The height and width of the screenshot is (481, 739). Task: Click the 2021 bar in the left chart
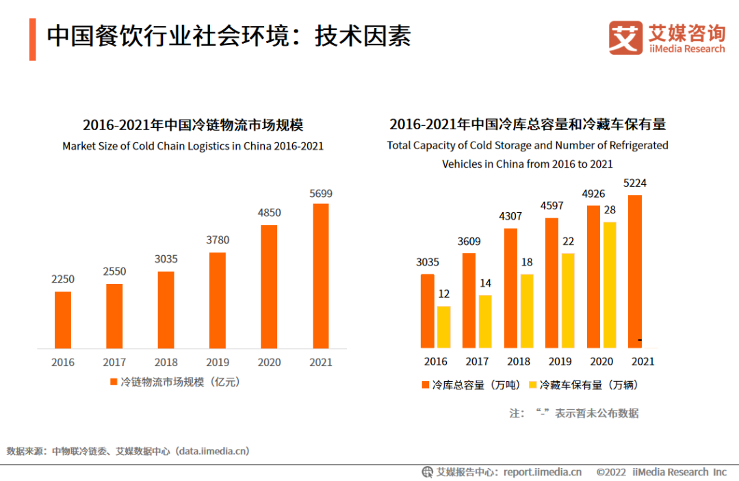(x=320, y=276)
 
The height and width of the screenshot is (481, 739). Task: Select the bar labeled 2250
(x=63, y=320)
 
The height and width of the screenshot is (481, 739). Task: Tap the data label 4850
(x=269, y=213)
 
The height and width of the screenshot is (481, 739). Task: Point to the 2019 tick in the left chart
(x=217, y=362)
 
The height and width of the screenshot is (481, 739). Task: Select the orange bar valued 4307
(x=510, y=288)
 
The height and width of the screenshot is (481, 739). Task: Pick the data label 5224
(x=634, y=183)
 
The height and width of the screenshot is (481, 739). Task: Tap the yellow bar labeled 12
(x=443, y=327)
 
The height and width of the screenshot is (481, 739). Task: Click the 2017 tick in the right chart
(x=477, y=361)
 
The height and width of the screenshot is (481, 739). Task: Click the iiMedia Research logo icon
(x=625, y=38)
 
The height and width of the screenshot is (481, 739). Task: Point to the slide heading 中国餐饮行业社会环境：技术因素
(x=229, y=37)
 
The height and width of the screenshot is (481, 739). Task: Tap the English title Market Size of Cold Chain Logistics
(x=192, y=146)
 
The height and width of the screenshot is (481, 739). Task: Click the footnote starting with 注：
(x=573, y=413)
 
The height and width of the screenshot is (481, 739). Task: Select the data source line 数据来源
(x=128, y=451)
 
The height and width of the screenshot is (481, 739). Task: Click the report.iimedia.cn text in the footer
(x=542, y=471)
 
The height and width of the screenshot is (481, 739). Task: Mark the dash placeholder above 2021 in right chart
(x=639, y=340)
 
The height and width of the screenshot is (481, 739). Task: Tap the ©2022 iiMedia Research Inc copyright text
(x=661, y=471)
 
